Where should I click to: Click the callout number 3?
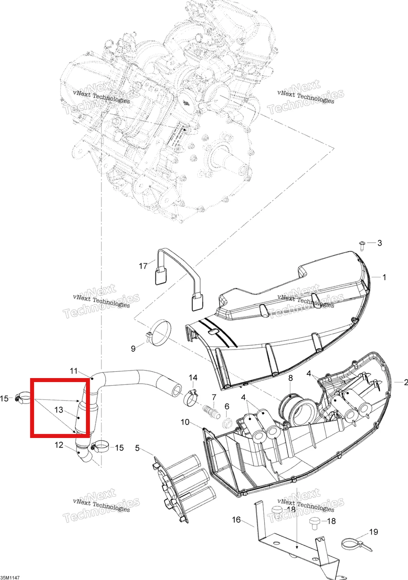coord(379,243)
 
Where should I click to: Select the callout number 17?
coord(143,266)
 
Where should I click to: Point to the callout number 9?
coord(133,349)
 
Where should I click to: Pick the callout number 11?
coord(74,371)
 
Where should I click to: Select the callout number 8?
coord(290,378)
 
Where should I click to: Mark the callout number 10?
coord(185,422)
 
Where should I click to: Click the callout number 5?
coord(137,448)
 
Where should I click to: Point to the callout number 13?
coord(59,410)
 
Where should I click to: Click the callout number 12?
coord(59,445)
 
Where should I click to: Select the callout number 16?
coord(236,520)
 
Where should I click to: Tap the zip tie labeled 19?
coord(357,545)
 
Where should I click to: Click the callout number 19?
coord(374,532)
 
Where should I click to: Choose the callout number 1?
coord(384,277)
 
